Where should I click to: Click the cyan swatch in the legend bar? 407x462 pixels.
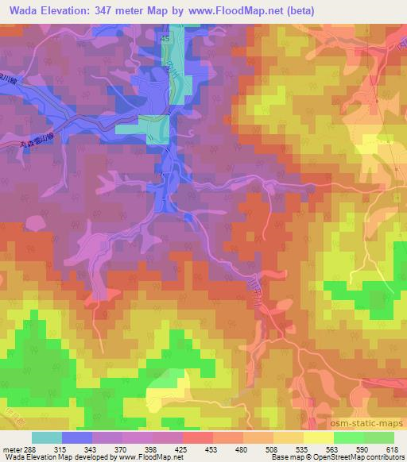[x=46, y=437]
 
